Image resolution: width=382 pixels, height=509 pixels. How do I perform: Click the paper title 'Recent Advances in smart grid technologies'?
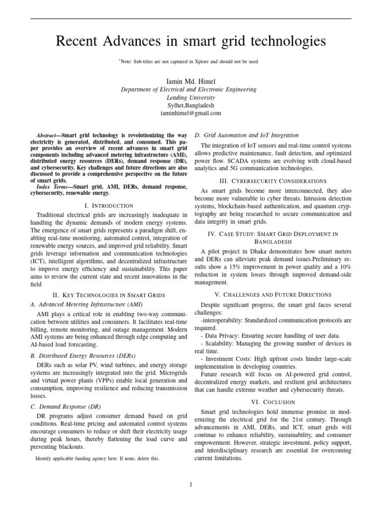pos(191,42)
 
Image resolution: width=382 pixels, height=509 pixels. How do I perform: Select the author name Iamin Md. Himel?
pos(191,81)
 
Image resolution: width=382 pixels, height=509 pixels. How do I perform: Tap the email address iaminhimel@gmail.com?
pos(191,113)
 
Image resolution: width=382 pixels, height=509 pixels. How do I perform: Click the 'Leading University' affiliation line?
pos(191,97)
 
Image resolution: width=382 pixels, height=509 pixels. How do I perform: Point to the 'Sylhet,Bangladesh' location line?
pos(191,105)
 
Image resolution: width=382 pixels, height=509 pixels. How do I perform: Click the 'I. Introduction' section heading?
pos(108,205)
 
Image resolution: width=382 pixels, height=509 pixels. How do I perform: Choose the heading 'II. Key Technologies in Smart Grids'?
pos(108,295)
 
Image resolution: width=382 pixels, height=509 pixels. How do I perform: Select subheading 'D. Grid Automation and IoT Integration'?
pos(246,135)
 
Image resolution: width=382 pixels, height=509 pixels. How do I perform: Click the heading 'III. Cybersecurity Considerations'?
pos(273,181)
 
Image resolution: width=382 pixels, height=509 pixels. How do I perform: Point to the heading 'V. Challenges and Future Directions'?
pos(273,295)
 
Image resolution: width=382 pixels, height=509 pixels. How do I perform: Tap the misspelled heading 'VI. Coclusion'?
pos(273,402)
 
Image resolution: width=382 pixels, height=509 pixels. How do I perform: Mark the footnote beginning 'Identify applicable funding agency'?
pos(97,458)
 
